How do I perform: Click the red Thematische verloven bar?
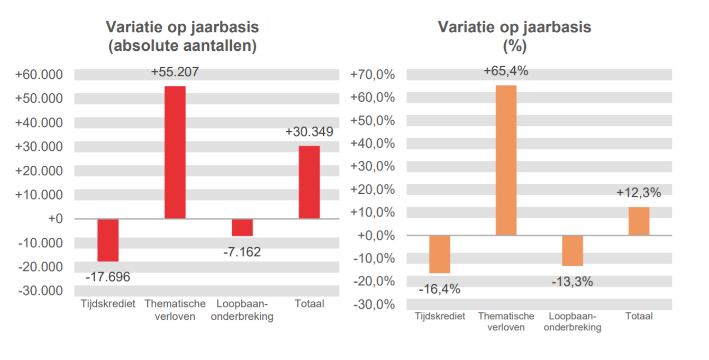tap(175, 152)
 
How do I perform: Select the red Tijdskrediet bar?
tap(108, 240)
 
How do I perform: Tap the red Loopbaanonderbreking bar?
tap(242, 227)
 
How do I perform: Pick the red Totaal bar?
tap(309, 182)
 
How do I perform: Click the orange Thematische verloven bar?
tap(506, 160)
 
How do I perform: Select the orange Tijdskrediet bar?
tap(439, 254)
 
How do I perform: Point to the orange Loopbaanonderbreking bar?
tap(572, 250)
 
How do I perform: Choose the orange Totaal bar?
tap(639, 221)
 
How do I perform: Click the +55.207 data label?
tap(175, 73)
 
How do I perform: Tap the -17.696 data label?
tap(107, 277)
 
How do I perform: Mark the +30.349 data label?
tap(309, 132)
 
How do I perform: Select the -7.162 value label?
tap(242, 252)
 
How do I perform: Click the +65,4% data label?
tap(506, 71)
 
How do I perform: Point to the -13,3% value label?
tap(572, 282)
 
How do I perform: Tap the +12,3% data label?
tap(639, 193)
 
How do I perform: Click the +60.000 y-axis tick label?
tap(39, 75)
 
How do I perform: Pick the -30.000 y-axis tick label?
tap(40, 291)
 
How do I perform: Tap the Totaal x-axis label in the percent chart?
tap(639, 317)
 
